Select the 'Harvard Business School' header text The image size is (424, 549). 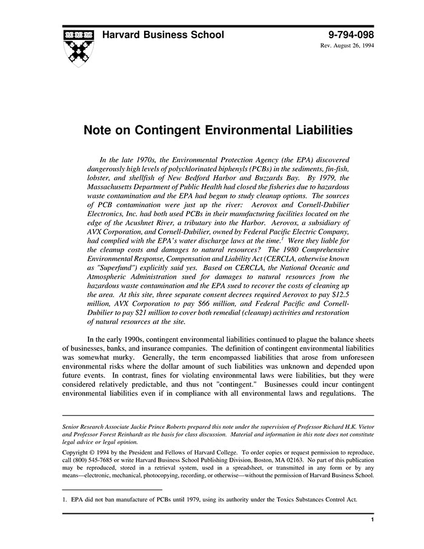pyautogui.click(x=163, y=35)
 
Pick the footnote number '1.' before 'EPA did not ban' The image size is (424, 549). pyautogui.click(x=65, y=500)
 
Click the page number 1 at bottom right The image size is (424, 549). pyautogui.click(x=371, y=521)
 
